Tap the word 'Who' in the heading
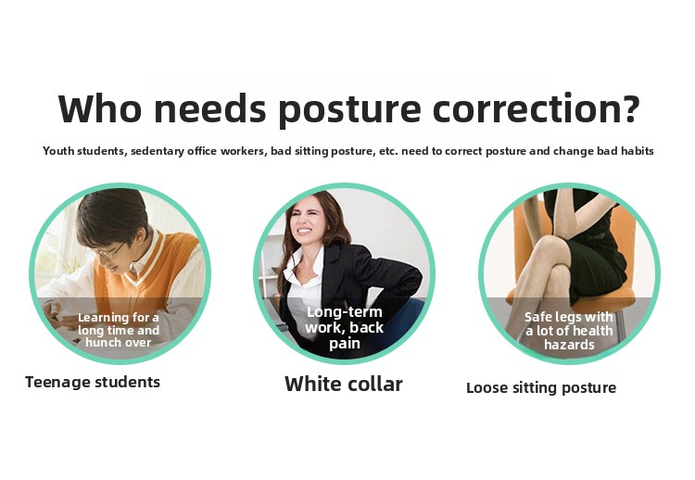[x=100, y=107]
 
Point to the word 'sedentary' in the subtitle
[x=157, y=151]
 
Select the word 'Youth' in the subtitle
[x=58, y=151]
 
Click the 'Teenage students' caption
[x=93, y=382]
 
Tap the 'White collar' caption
[x=344, y=384]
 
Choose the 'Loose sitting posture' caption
[x=541, y=388]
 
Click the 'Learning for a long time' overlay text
[x=119, y=330]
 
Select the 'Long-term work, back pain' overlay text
[x=344, y=327]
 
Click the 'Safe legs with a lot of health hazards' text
[x=569, y=331]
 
